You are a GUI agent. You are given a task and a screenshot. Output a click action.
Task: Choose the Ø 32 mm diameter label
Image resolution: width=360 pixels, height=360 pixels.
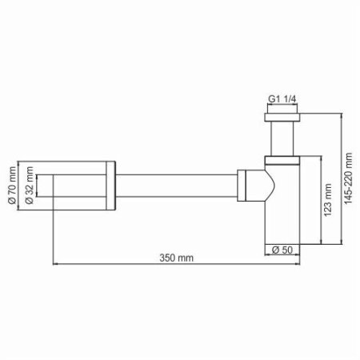click(x=30, y=186)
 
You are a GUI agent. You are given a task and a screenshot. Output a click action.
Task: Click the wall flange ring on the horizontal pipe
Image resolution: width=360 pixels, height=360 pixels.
click(x=111, y=186)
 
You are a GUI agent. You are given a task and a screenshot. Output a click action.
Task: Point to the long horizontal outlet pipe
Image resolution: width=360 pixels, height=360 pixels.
click(x=176, y=186)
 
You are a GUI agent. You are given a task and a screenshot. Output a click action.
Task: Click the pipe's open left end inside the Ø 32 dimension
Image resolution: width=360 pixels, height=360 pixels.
click(x=54, y=186)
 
